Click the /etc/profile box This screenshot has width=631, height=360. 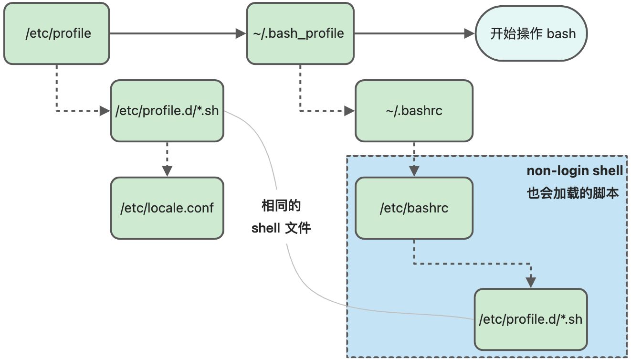tap(57, 34)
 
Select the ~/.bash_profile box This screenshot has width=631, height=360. tap(300, 34)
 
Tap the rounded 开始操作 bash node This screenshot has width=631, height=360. tap(531, 34)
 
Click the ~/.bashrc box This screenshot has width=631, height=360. tap(414, 111)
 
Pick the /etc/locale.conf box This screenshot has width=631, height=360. tap(167, 208)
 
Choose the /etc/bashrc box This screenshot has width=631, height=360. tap(414, 208)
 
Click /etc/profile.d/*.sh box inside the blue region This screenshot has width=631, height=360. tap(530, 319)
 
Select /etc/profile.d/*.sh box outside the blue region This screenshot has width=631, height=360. tap(167, 111)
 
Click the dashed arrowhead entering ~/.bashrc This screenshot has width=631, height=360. tap(350, 111)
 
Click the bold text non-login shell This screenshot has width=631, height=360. tap(574, 171)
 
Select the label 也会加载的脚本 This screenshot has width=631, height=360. tap(573, 193)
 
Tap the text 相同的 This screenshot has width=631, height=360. tap(281, 206)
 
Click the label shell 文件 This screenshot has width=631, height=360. tap(281, 228)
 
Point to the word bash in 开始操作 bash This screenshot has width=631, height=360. tap(561, 34)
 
